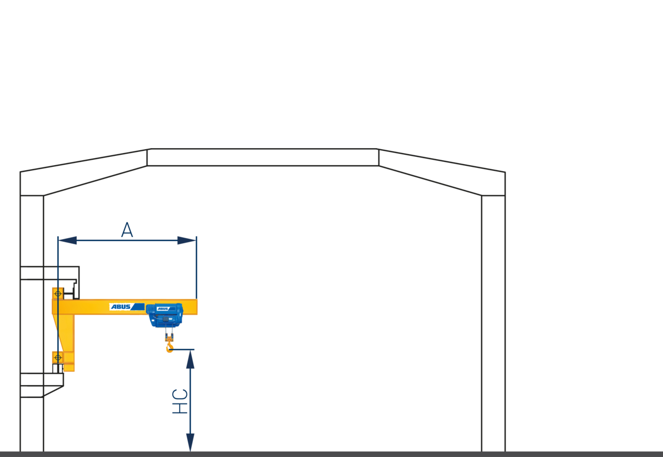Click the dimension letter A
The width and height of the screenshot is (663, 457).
click(127, 230)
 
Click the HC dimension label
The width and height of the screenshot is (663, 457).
click(180, 401)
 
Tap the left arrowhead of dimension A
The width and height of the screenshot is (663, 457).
click(68, 240)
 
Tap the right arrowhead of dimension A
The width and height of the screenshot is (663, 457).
click(187, 240)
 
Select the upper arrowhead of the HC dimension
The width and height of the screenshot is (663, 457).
click(190, 359)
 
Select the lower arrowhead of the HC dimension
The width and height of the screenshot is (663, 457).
click(190, 442)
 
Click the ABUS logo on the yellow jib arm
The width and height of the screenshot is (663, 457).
click(127, 307)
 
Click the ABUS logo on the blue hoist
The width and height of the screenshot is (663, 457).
click(166, 309)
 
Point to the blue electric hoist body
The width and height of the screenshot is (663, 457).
click(165, 315)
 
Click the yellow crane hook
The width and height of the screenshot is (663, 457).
click(169, 348)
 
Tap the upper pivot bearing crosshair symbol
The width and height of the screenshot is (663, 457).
click(58, 293)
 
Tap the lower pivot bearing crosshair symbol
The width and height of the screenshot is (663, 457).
click(58, 358)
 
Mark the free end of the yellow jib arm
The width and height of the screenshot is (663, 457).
click(197, 307)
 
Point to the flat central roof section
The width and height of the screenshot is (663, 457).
click(263, 157)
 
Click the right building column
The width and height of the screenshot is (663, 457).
click(493, 323)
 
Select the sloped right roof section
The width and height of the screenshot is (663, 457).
click(442, 172)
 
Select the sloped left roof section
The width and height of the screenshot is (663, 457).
click(84, 172)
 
